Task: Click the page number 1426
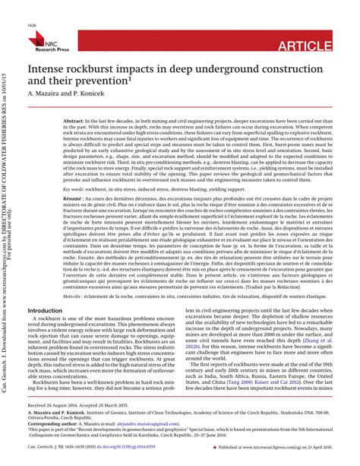pyautogui.click(x=32, y=25)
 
